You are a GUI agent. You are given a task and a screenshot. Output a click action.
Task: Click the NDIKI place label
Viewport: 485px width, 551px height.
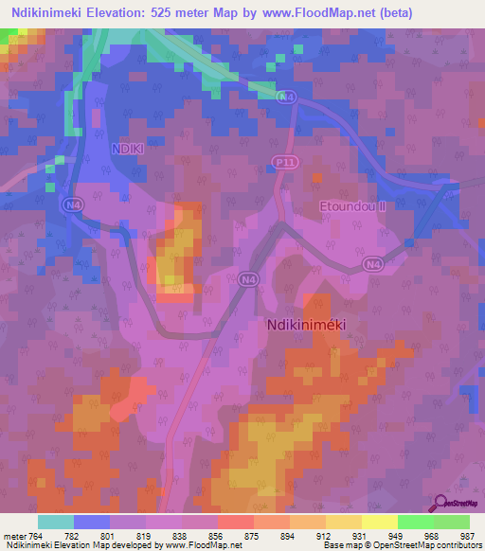tap(126, 149)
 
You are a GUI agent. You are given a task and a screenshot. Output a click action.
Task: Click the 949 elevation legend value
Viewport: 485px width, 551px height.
tap(397, 536)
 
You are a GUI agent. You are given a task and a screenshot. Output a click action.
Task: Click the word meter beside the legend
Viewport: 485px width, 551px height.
tap(14, 536)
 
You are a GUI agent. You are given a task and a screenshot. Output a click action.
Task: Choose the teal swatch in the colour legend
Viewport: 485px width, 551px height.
tap(56, 522)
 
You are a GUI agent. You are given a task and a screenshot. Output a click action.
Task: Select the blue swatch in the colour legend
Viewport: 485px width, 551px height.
tap(92, 522)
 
